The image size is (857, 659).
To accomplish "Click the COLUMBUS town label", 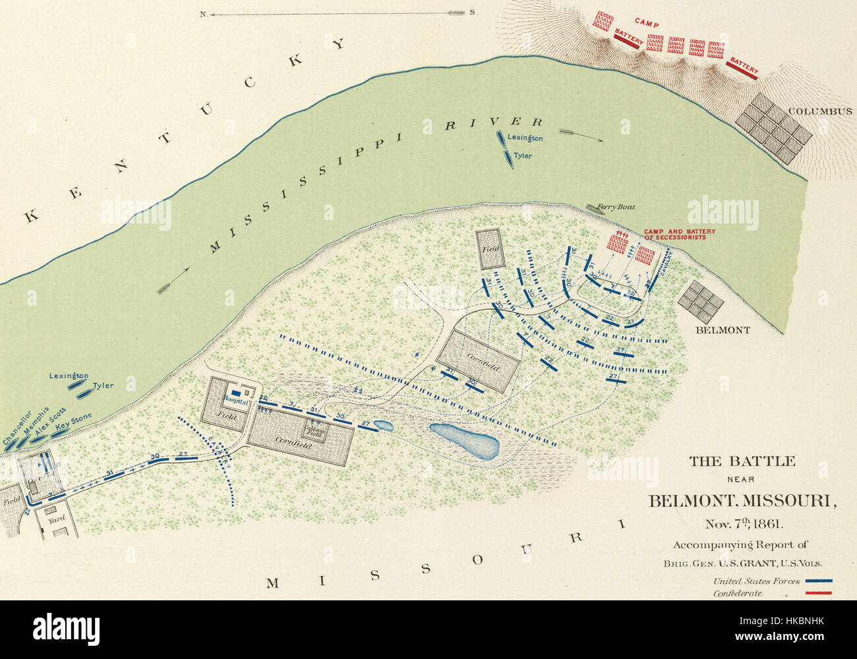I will [821, 111].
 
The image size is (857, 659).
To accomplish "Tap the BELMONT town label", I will [723, 329].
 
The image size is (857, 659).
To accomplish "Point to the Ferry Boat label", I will [616, 207].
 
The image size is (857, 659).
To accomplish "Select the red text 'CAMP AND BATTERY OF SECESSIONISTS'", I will [679, 234].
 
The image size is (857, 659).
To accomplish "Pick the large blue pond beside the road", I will [465, 441].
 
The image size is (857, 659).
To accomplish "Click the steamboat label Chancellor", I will [16, 428].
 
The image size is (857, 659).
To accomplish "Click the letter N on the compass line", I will [205, 13].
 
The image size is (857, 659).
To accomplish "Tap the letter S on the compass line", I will [472, 13].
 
